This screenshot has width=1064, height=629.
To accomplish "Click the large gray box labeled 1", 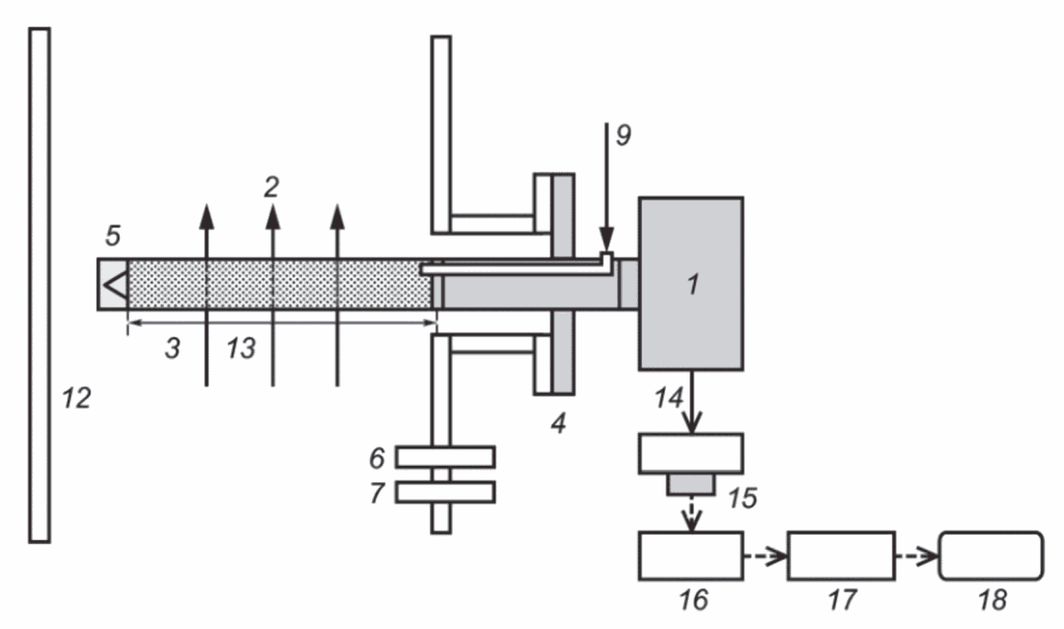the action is (x=690, y=284).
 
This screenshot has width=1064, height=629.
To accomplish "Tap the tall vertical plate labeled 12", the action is (x=40, y=285).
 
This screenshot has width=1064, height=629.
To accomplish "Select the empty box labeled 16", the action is (x=690, y=556).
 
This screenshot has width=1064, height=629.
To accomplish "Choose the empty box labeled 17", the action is (x=841, y=556).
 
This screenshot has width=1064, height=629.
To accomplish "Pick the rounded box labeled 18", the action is (x=991, y=556).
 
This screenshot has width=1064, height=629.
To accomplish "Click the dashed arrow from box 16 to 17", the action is (x=766, y=556).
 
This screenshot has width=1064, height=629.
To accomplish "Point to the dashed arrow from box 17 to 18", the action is (x=916, y=556).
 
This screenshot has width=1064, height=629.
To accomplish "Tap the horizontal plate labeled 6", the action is (x=445, y=457).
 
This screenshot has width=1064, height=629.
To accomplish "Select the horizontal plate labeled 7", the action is (x=445, y=491).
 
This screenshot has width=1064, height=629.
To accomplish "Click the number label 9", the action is (x=623, y=135).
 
